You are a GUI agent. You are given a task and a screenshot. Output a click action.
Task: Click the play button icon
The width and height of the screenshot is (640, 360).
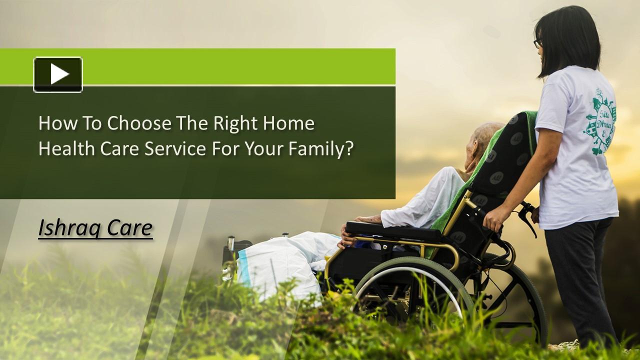pyautogui.click(x=58, y=74)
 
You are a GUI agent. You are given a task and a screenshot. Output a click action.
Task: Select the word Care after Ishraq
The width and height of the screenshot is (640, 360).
pyautogui.click(x=131, y=228)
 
